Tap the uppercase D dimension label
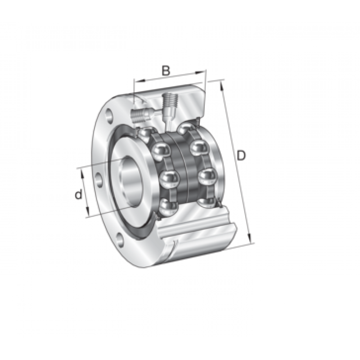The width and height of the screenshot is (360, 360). (x=241, y=155)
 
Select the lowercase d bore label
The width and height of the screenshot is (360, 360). (x=78, y=194)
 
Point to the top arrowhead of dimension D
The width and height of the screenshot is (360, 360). (x=222, y=85)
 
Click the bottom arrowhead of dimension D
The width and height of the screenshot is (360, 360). (x=250, y=238)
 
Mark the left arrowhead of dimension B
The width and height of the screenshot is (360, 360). (x=139, y=81)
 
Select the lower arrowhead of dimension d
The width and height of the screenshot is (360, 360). (x=87, y=211)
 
